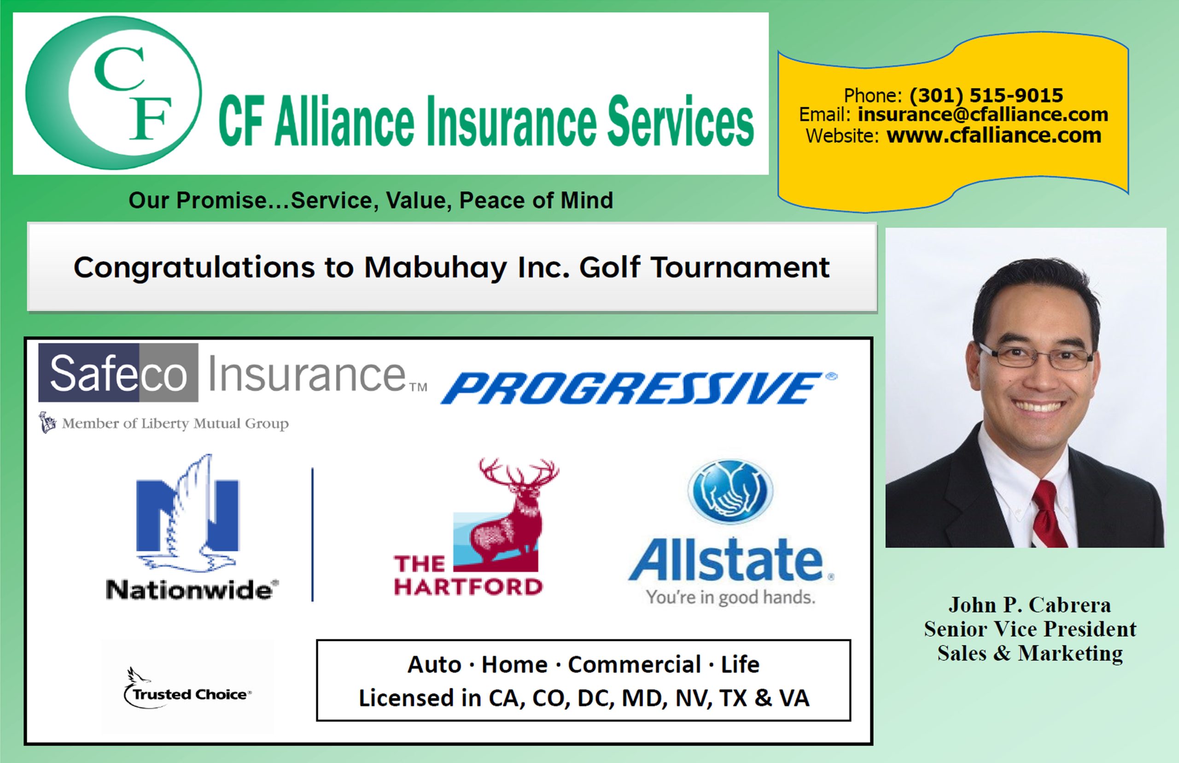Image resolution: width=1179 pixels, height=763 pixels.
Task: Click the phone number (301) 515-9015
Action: [x=986, y=95]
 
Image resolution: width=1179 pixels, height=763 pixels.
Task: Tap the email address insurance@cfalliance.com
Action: [x=983, y=114]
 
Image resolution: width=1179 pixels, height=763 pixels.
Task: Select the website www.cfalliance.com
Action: [x=994, y=135]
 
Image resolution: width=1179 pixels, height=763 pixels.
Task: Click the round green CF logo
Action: [x=113, y=93]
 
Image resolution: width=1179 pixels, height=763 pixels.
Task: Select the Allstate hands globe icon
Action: [x=730, y=492]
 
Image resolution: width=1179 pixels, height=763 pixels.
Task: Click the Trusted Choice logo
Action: [x=187, y=689]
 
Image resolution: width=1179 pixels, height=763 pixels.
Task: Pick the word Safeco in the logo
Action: [x=118, y=373]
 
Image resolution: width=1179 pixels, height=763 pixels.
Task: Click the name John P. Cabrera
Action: [x=1029, y=605]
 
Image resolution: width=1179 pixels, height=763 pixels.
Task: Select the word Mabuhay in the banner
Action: [x=436, y=268]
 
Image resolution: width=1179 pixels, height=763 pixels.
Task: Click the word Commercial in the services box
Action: [x=634, y=664]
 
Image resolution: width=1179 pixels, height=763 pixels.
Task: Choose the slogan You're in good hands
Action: [x=730, y=598]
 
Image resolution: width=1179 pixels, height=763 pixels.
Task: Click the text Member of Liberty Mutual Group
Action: [x=175, y=423]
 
